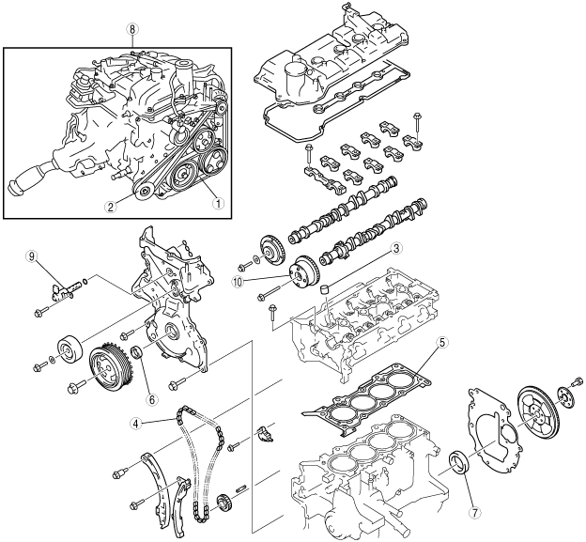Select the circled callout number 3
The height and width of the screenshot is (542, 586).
396,249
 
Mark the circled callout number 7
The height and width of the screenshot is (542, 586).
474,513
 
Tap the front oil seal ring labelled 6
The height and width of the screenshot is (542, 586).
137,354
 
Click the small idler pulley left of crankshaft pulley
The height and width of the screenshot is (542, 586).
68,348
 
